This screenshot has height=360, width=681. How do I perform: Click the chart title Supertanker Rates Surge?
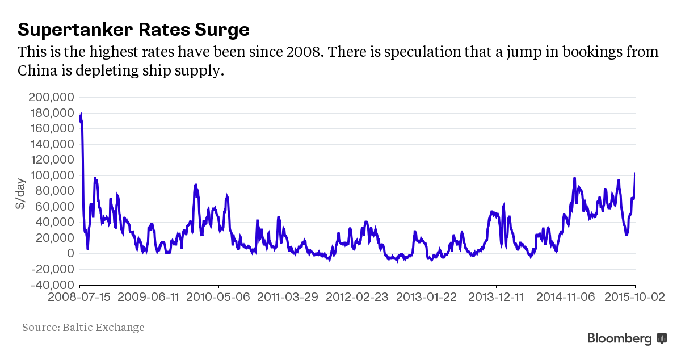133,30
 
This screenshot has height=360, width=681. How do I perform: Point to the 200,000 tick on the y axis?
52,97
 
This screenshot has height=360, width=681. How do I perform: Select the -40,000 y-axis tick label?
52,284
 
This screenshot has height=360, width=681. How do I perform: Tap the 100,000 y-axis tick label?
52,175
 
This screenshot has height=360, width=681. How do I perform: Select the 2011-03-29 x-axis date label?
288,297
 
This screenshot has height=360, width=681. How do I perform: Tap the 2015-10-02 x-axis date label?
634,297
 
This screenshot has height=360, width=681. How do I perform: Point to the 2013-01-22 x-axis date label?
427,297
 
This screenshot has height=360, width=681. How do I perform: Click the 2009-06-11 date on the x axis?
149,297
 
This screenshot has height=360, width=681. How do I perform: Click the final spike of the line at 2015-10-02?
634,174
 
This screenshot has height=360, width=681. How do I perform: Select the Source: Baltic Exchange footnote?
83,328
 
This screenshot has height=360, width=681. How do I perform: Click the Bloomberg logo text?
619,339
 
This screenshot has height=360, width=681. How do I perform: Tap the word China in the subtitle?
37,71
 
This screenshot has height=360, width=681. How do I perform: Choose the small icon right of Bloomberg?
662,338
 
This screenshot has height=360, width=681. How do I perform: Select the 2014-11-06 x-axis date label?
566,297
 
